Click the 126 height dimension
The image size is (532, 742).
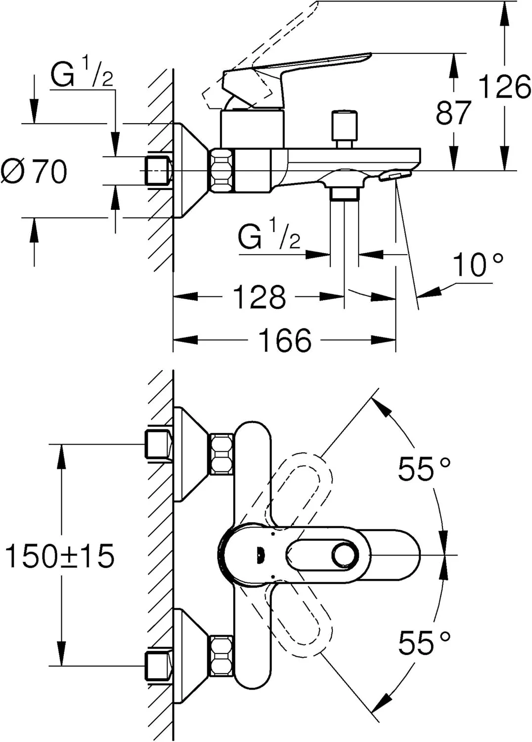coord(504,88)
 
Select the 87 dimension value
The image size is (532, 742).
coord(453,113)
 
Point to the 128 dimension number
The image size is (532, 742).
coord(259,297)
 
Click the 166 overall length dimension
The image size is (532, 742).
coord(285,340)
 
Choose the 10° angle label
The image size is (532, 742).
coord(478,265)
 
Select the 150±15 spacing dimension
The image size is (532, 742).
coord(59,556)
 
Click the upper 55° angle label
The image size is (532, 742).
coord(424,469)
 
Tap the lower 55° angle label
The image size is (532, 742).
coord(424,643)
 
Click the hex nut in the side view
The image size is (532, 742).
coord(222,170)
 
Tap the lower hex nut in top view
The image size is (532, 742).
coord(222,656)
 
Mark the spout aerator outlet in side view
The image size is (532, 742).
coord(396,176)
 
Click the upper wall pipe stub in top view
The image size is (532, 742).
coord(158,444)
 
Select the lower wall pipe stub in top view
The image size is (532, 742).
coord(158,666)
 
